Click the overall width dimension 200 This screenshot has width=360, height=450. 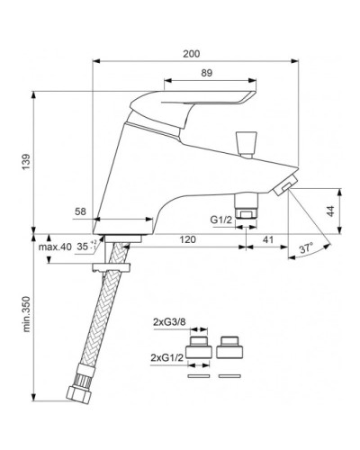coord(191,54)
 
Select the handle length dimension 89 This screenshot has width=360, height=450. coord(206,73)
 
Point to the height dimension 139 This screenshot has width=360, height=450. coord(26,162)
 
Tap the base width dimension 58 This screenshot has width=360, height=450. coord(80,211)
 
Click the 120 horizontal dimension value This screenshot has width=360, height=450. coord(187,239)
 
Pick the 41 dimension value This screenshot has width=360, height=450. coord(268,239)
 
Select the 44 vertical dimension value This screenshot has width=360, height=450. coord(330,211)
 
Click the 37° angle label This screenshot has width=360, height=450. coord(306,248)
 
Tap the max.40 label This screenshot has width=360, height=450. coord(55,247)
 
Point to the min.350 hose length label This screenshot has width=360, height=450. coord(26,314)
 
